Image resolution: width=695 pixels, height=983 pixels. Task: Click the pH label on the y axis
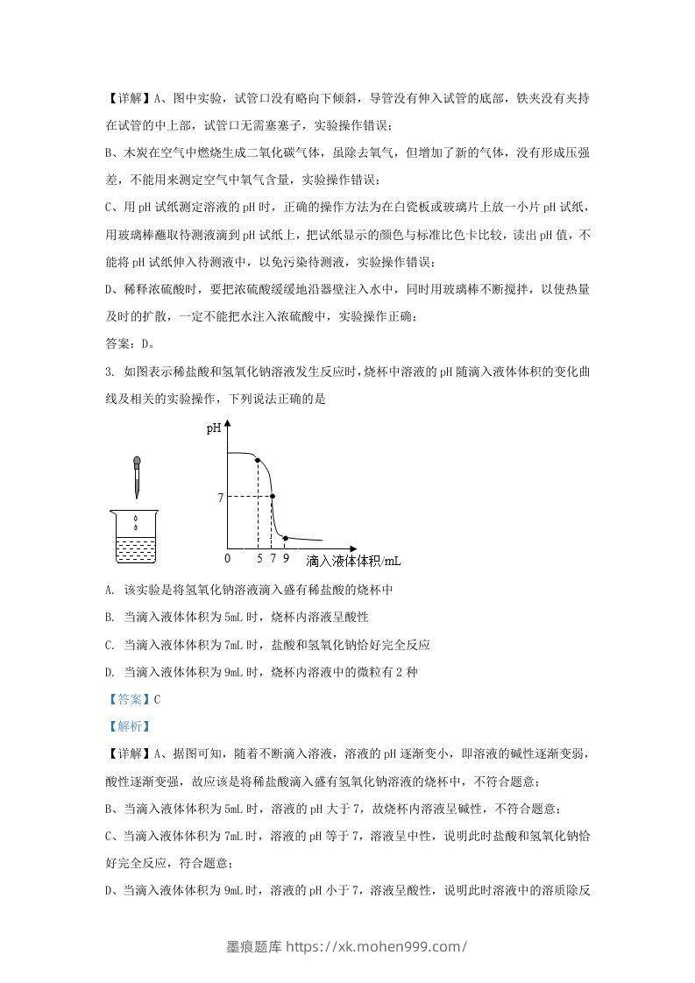pyautogui.click(x=213, y=429)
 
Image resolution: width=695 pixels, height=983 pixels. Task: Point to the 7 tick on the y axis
pyautogui.click(x=221, y=497)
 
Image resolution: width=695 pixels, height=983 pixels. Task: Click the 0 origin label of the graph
pyautogui.click(x=226, y=558)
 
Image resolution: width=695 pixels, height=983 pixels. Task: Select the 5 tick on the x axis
pyautogui.click(x=259, y=558)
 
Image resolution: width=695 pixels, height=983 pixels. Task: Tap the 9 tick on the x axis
pyautogui.click(x=285, y=558)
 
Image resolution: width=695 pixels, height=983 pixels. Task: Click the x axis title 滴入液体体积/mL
pyautogui.click(x=359, y=559)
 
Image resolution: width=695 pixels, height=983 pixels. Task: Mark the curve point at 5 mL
pyautogui.click(x=258, y=461)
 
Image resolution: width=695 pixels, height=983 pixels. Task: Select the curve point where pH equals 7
pyautogui.click(x=273, y=497)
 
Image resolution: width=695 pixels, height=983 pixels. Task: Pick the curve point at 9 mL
pyautogui.click(x=286, y=537)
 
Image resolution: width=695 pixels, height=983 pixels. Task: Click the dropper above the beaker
pyautogui.click(x=137, y=477)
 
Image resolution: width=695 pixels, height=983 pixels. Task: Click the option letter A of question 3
pyautogui.click(x=109, y=590)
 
